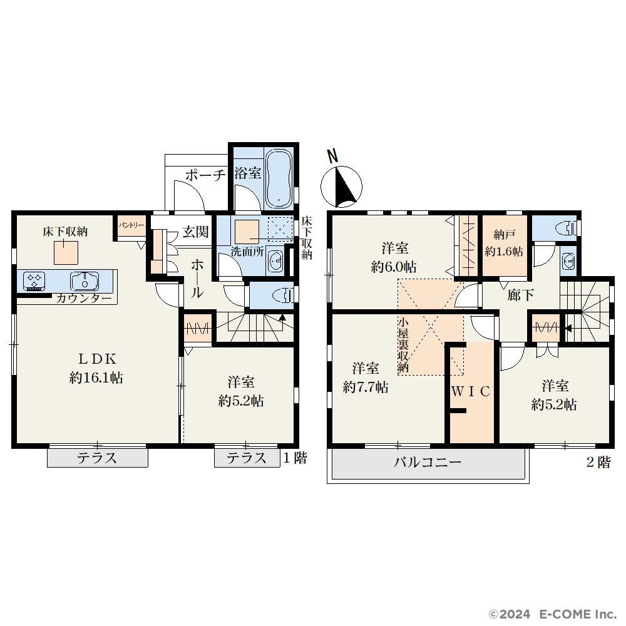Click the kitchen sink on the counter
[85, 281]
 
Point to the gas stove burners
[34, 280]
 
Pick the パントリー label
[131, 225]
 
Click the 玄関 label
[195, 232]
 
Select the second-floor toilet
[567, 228]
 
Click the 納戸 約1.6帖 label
[503, 243]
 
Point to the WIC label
[471, 392]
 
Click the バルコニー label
[428, 463]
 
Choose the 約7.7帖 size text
[366, 387]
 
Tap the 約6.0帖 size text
[394, 267]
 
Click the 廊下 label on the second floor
[521, 295]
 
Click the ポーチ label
[205, 175]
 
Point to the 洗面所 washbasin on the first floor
[275, 261]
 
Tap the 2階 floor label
[598, 463]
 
